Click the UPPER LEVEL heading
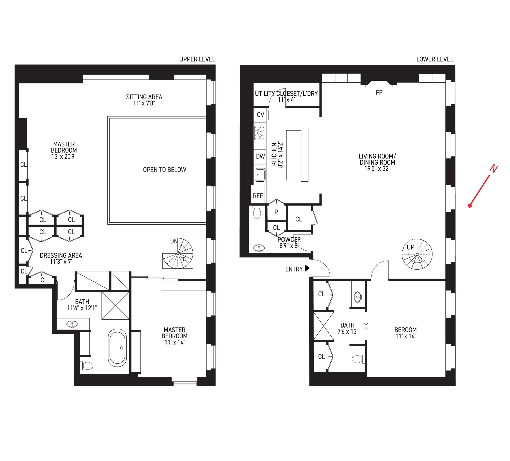point(197,59)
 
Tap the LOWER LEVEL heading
point(434,59)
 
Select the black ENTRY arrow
point(307,268)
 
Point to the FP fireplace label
point(379,93)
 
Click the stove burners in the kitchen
point(259,133)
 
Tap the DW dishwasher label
point(260,156)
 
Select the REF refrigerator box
point(258,196)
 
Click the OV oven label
point(260,115)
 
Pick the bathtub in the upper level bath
point(117,348)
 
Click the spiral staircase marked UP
point(417,254)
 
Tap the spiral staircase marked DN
point(178,253)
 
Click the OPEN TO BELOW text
point(164,170)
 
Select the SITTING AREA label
point(144,97)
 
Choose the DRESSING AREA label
point(61,255)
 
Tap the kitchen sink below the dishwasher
point(260,175)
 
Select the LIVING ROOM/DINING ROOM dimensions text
point(377,169)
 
